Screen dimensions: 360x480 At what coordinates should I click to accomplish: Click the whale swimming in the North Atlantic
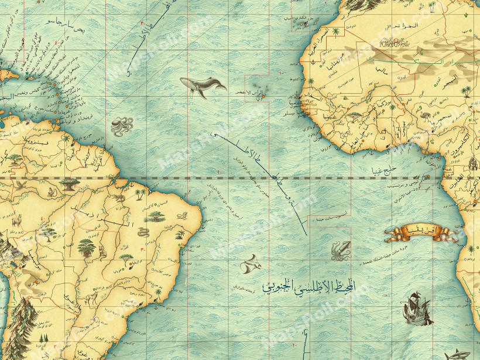point(202,87)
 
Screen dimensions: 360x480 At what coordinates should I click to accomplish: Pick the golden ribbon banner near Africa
point(420,234)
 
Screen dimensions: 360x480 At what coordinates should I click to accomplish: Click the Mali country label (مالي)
point(381,71)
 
